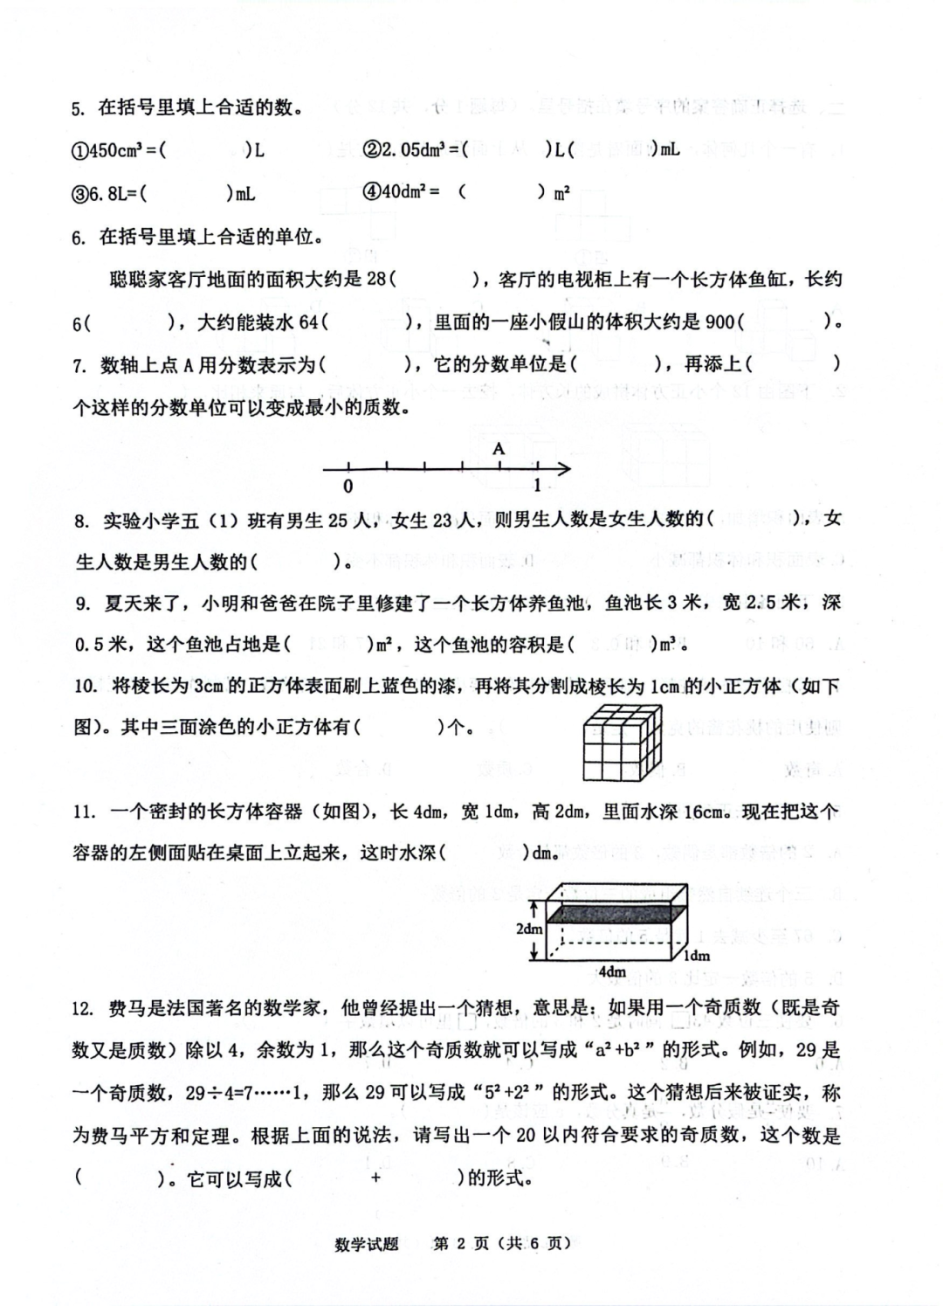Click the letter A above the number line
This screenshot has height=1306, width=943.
coord(499,448)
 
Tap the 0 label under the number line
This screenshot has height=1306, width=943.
coord(348,487)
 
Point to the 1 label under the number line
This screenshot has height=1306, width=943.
coord(538,486)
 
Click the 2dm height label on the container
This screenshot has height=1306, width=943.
coord(529,929)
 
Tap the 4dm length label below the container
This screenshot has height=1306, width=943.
coord(612,971)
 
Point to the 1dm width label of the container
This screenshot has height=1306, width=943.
coord(696,955)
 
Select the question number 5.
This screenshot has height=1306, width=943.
coord(79,109)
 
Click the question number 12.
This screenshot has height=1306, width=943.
coord(83,1009)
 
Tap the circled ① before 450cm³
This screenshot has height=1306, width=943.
coord(79,150)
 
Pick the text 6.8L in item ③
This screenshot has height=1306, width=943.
coord(108,193)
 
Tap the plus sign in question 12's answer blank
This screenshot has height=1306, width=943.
coord(375,1178)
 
